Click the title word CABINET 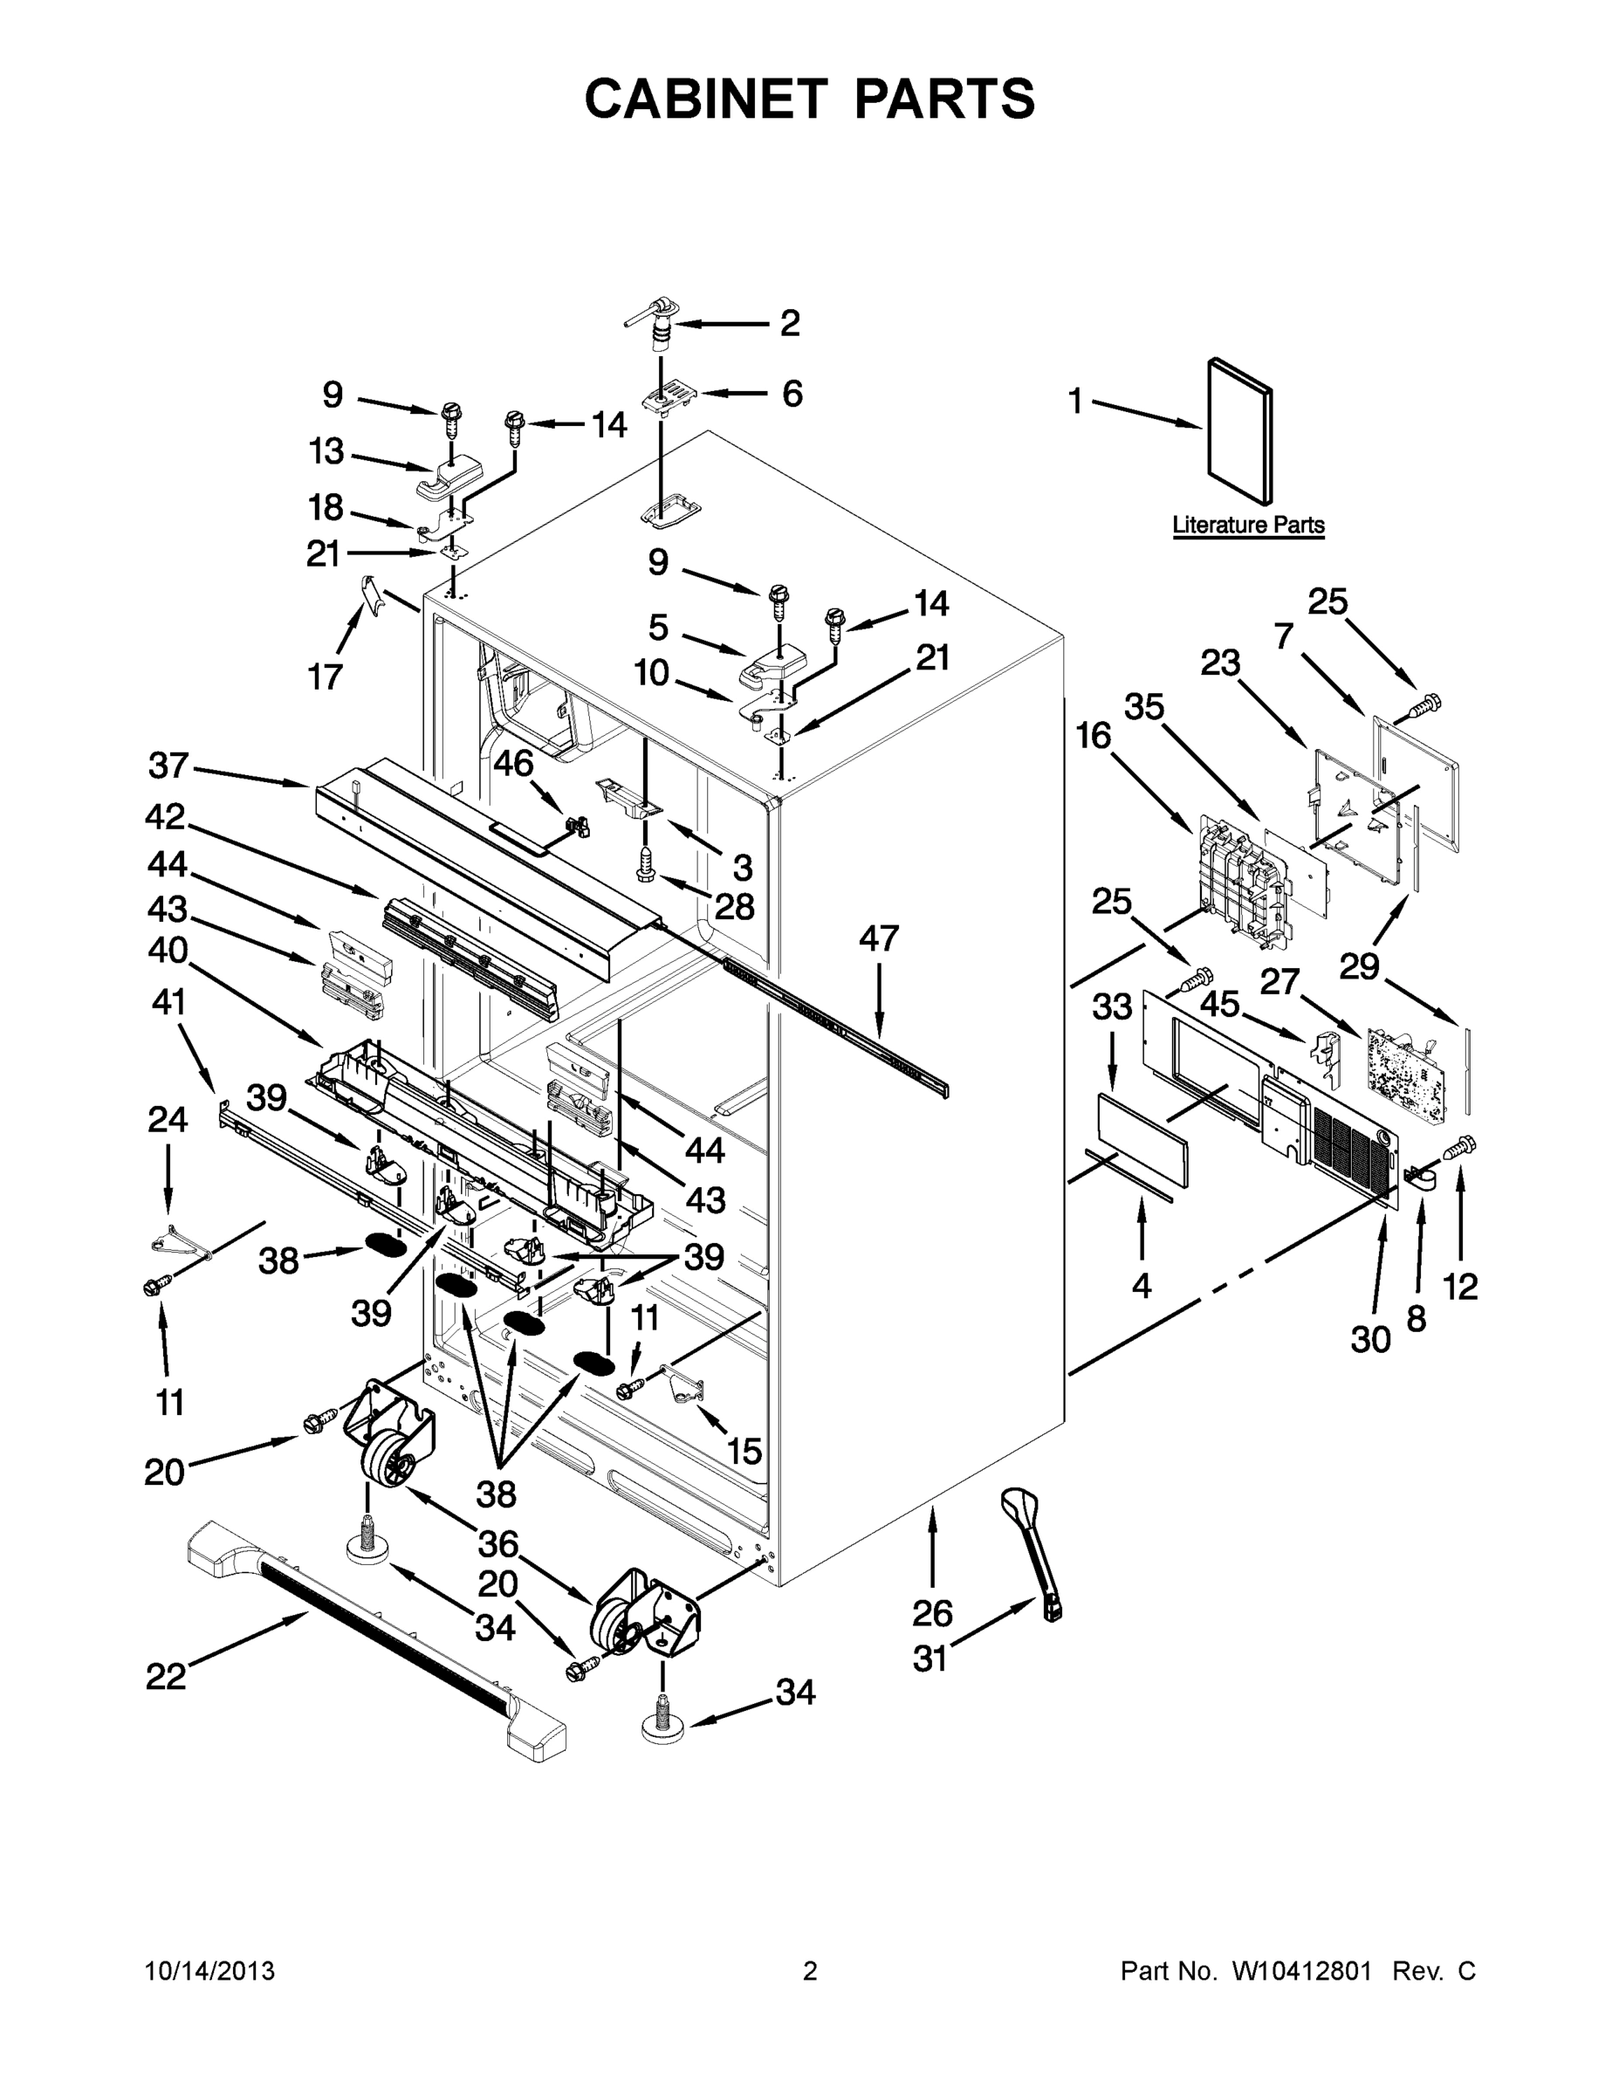pyautogui.click(x=705, y=99)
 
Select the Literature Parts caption pyautogui.click(x=1248, y=525)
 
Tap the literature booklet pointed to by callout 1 pyautogui.click(x=1239, y=429)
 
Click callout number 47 pyautogui.click(x=879, y=938)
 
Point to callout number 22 pyautogui.click(x=165, y=1677)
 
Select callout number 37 pyautogui.click(x=168, y=766)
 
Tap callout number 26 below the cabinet pyautogui.click(x=932, y=1613)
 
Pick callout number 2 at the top pyautogui.click(x=789, y=323)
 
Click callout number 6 pyautogui.click(x=792, y=394)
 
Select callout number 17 pyautogui.click(x=326, y=677)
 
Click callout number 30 pyautogui.click(x=1369, y=1339)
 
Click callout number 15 pyautogui.click(x=744, y=1452)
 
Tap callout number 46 pyautogui.click(x=513, y=764)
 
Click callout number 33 pyautogui.click(x=1112, y=1007)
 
